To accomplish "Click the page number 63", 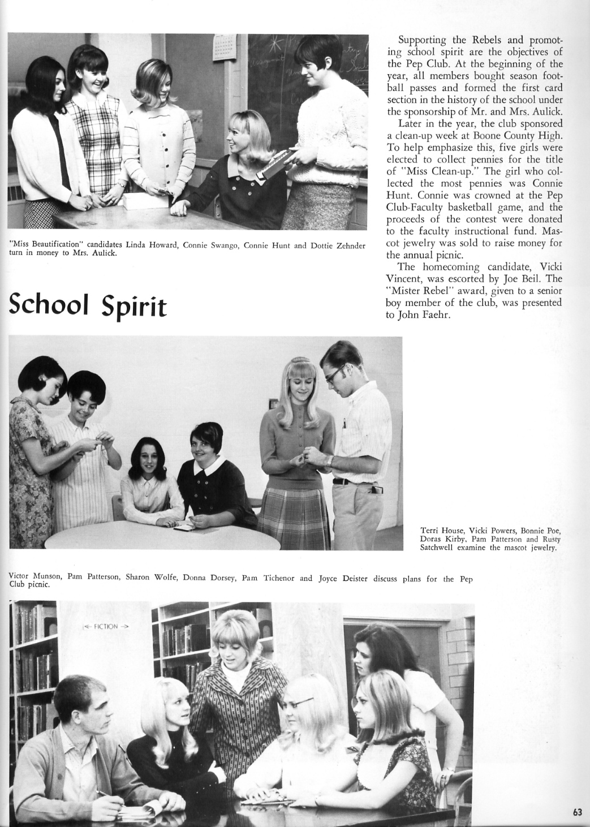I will (577, 812).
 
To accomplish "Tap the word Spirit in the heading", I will (134, 307).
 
